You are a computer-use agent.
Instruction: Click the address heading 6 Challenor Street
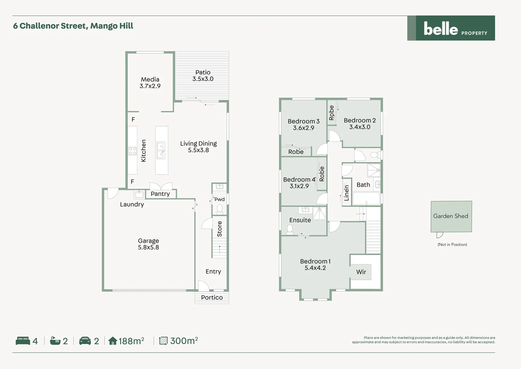click(73, 26)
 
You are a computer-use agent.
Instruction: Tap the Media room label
click(150, 83)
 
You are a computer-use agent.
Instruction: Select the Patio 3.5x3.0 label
click(203, 76)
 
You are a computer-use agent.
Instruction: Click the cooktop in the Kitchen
click(132, 151)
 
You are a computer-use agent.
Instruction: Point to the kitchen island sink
click(161, 150)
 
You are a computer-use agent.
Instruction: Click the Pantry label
click(160, 194)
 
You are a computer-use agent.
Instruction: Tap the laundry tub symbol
click(139, 194)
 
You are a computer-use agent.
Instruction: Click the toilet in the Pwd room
click(220, 208)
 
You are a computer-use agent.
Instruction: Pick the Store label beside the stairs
click(220, 229)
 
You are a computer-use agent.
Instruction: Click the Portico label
click(212, 298)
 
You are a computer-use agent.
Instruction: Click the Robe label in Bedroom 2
click(331, 113)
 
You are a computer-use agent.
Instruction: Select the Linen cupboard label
click(347, 193)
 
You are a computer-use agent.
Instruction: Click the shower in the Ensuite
click(319, 213)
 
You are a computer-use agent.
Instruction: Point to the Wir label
click(361, 272)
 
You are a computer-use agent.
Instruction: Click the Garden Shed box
click(451, 216)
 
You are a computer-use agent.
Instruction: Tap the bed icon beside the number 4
click(23, 341)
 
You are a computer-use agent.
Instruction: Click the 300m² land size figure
click(184, 341)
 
